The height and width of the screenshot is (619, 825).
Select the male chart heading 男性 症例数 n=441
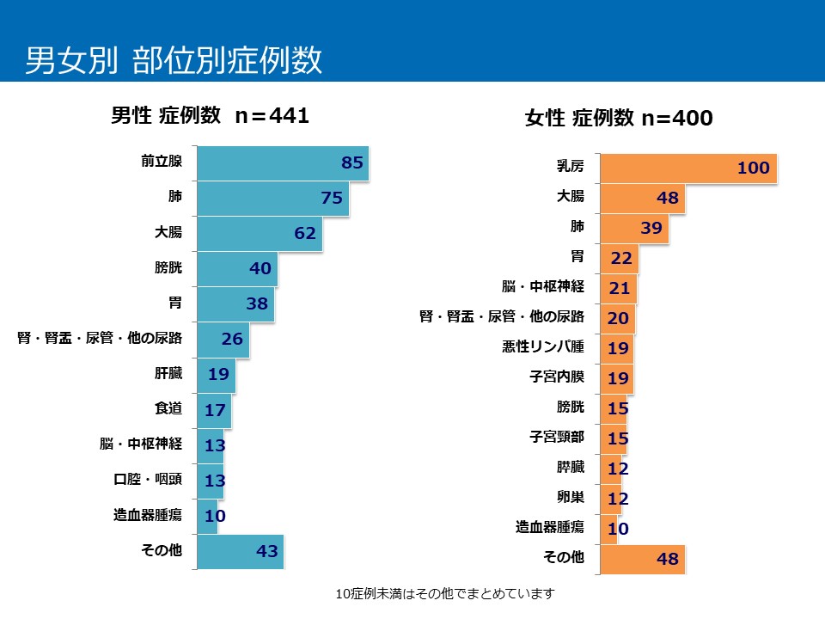click(x=210, y=116)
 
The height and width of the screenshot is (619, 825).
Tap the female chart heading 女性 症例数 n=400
click(x=619, y=119)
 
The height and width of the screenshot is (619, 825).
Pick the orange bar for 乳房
click(x=687, y=169)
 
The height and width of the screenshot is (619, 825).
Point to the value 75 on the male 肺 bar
click(x=332, y=198)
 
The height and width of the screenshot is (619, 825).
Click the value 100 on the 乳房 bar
click(x=753, y=169)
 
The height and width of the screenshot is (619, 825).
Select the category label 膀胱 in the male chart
click(x=168, y=267)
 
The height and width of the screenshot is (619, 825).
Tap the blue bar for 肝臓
click(x=216, y=374)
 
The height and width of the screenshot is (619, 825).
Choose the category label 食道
click(x=168, y=408)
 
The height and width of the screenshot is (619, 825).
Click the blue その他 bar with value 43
click(x=240, y=551)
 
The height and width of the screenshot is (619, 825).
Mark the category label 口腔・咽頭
click(x=149, y=480)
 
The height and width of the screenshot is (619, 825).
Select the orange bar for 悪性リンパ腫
click(x=616, y=348)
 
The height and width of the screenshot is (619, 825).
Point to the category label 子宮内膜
click(x=557, y=377)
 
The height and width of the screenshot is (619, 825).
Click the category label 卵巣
click(x=571, y=497)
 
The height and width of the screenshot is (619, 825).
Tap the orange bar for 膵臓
click(x=610, y=468)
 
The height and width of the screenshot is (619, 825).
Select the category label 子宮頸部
click(x=557, y=438)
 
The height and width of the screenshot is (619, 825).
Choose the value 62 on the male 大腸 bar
click(x=305, y=233)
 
